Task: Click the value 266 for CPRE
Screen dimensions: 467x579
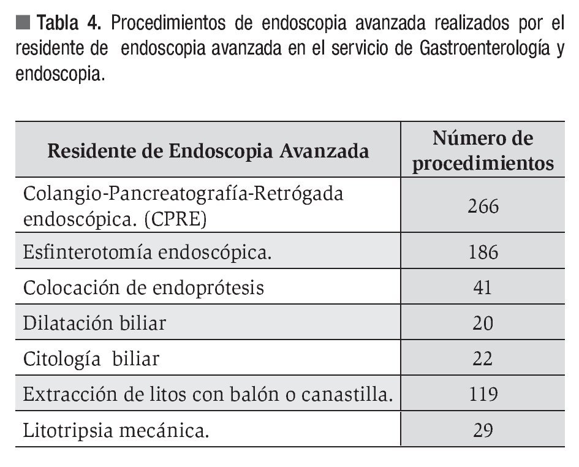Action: [483, 206]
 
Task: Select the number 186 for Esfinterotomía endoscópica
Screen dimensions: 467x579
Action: [483, 252]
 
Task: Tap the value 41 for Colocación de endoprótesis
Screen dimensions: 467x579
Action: [483, 287]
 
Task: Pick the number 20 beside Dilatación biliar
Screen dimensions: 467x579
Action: [483, 322]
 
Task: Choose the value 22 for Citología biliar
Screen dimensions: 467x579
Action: [483, 358]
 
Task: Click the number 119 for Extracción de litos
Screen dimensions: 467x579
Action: [483, 394]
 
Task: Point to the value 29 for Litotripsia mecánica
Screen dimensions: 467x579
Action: [483, 430]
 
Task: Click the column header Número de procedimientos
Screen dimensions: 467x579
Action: [483, 151]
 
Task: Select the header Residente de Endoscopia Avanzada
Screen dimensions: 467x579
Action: [208, 151]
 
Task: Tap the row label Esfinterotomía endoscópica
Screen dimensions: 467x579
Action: [147, 252]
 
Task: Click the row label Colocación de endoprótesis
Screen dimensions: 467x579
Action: [143, 287]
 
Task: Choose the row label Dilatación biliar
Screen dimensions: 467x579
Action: [94, 322]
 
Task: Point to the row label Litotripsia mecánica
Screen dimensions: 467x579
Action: [116, 430]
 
